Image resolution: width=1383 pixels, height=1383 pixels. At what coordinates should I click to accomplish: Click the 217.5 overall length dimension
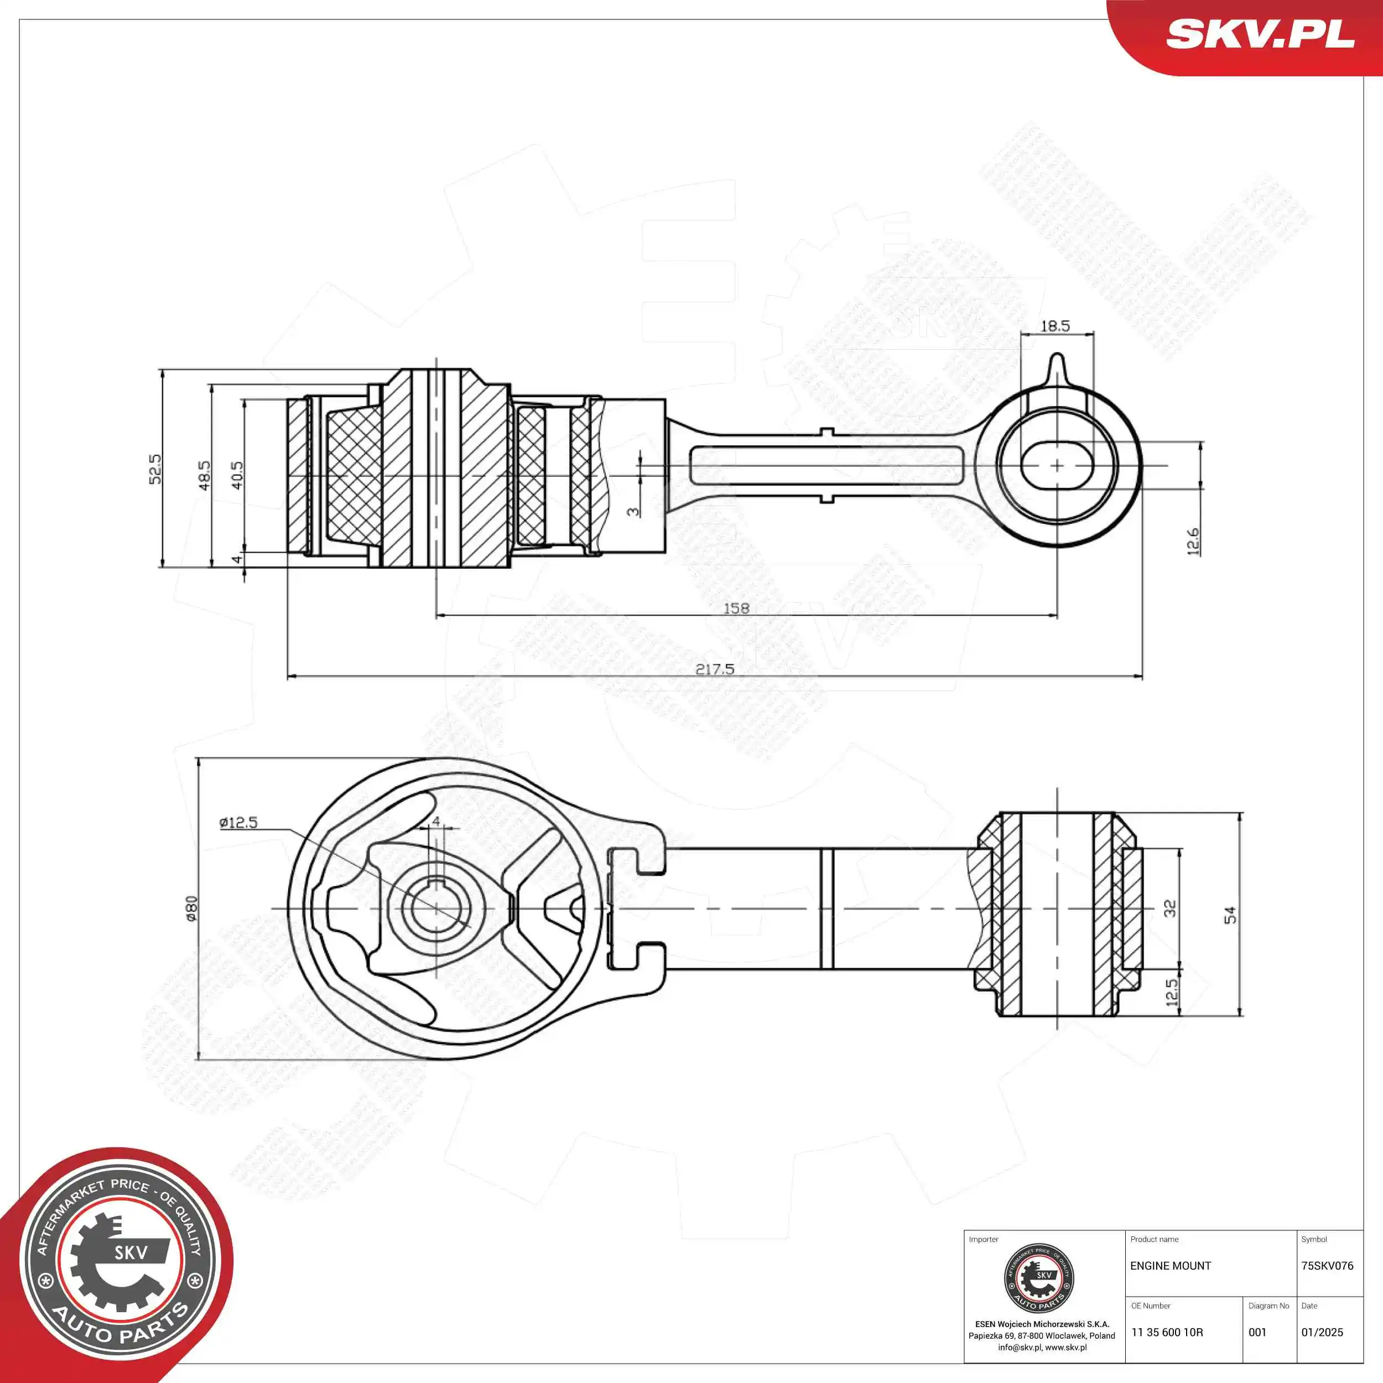click(714, 669)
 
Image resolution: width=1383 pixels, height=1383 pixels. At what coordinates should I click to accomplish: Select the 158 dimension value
click(736, 608)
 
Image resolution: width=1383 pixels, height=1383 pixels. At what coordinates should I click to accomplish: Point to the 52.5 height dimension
click(155, 469)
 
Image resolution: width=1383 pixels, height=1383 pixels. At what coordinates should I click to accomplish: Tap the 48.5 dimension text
click(205, 475)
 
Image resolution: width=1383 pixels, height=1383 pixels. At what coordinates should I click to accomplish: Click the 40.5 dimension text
click(237, 475)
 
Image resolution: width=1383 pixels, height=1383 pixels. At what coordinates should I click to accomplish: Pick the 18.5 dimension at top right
click(1055, 326)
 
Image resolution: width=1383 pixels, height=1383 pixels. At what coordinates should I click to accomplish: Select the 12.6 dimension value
click(1193, 542)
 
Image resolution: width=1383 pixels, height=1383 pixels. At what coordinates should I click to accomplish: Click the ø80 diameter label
click(191, 908)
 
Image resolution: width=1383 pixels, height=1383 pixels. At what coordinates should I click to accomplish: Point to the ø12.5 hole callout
click(238, 823)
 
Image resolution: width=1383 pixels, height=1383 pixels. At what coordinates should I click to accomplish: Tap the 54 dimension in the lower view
click(1230, 915)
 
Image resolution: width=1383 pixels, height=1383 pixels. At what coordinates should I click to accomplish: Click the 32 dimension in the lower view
click(1169, 908)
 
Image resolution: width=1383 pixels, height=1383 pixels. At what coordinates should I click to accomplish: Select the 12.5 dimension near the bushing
click(1171, 992)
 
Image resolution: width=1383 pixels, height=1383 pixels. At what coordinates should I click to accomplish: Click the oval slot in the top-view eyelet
click(1057, 465)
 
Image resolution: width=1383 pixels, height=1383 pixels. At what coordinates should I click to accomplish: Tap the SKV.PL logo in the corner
click(1260, 34)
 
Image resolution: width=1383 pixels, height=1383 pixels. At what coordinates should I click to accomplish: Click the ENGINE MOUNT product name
click(1171, 1266)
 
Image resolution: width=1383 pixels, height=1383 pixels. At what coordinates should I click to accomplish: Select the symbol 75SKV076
click(1327, 1266)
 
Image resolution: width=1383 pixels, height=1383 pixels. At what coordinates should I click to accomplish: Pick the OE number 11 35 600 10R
click(1167, 1332)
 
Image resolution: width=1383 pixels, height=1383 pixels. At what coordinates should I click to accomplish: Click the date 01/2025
click(1322, 1332)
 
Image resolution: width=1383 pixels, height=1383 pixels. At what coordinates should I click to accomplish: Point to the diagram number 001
click(1258, 1332)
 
